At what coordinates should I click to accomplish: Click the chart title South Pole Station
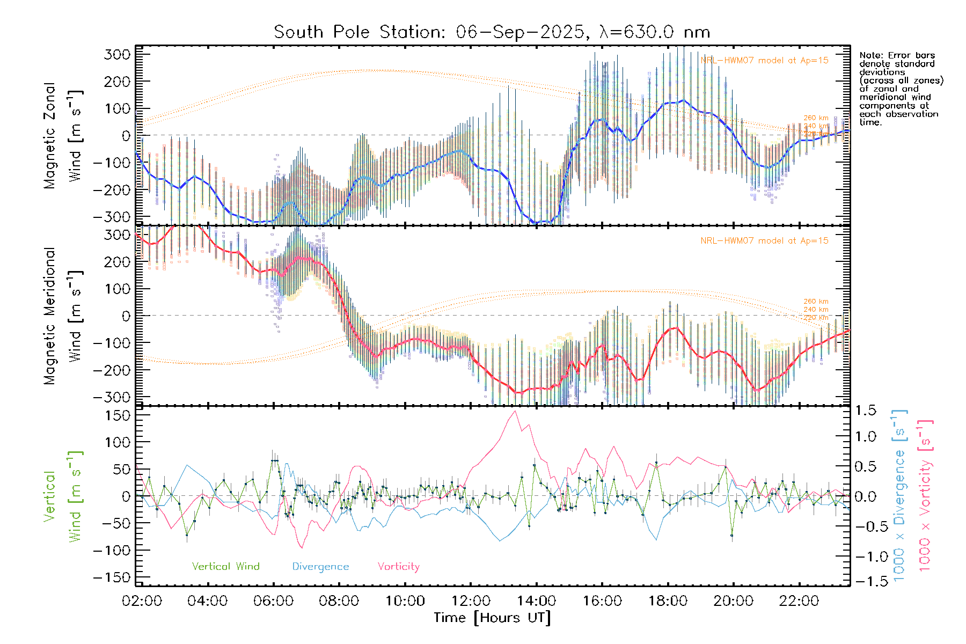click(492, 32)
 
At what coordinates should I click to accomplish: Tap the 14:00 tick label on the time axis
click(536, 601)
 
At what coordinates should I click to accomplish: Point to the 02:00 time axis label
click(142, 601)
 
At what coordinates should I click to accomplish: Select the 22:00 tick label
click(799, 601)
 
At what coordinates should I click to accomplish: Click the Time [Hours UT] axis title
click(492, 618)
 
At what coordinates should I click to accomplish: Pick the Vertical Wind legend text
click(225, 566)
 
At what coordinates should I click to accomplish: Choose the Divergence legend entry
click(320, 566)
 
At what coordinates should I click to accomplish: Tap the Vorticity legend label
click(398, 566)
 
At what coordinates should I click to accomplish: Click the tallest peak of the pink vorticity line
click(515, 411)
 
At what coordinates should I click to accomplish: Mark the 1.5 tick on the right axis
click(865, 411)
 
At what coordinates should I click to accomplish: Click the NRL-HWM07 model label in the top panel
click(764, 61)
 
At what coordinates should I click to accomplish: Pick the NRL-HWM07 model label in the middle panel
click(764, 241)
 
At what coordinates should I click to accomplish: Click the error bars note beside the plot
click(901, 89)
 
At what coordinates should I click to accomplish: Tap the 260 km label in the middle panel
click(816, 302)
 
